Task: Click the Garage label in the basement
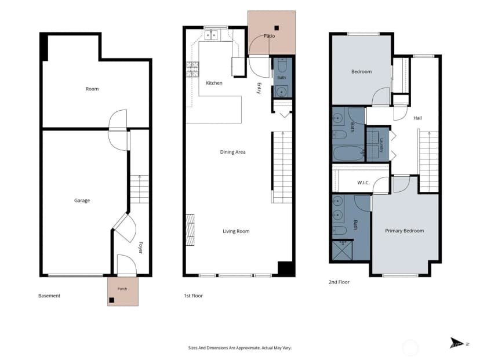pyautogui.click(x=82, y=201)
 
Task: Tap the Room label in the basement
pyautogui.click(x=92, y=89)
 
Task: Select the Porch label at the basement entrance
pyautogui.click(x=122, y=289)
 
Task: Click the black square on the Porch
pyautogui.click(x=112, y=300)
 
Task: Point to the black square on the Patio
pyautogui.click(x=277, y=28)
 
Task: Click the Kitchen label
pyautogui.click(x=214, y=83)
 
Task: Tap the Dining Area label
pyautogui.click(x=232, y=152)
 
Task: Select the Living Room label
pyautogui.click(x=236, y=231)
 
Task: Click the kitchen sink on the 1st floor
pyautogui.click(x=211, y=35)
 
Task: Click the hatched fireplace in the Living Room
pyautogui.click(x=190, y=230)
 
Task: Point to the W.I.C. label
pyautogui.click(x=363, y=183)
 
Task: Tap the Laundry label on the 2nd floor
pyautogui.click(x=381, y=145)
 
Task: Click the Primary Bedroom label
pyautogui.click(x=405, y=231)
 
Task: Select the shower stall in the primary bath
pyautogui.click(x=343, y=250)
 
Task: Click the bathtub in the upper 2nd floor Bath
pyautogui.click(x=348, y=154)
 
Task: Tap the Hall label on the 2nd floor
pyautogui.click(x=417, y=118)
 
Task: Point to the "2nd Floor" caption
pyautogui.click(x=339, y=282)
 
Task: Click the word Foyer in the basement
pyautogui.click(x=140, y=248)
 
